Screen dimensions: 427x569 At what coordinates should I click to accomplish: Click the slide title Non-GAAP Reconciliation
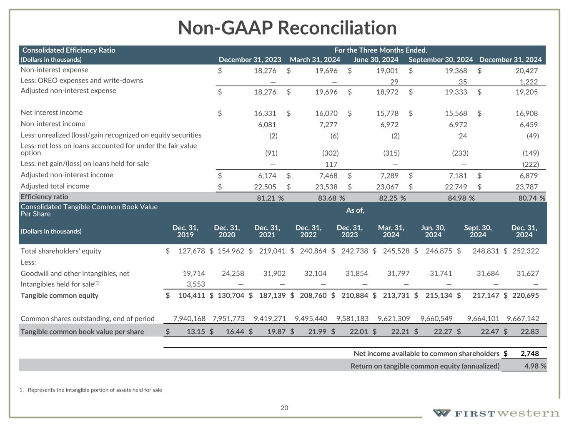click(x=287, y=28)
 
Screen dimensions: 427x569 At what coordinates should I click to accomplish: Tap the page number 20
click(x=284, y=408)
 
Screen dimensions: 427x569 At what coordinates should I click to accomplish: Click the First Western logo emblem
click(x=441, y=413)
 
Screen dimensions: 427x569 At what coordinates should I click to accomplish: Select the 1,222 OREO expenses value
click(x=526, y=82)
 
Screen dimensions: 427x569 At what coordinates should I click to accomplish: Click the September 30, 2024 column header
click(x=441, y=60)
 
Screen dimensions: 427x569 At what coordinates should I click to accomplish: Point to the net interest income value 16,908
click(x=526, y=113)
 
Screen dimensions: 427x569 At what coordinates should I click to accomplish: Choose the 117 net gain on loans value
click(x=331, y=164)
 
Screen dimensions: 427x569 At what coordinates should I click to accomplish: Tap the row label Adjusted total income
click(x=55, y=186)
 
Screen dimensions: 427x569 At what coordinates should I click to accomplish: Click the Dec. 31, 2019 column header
click(x=185, y=231)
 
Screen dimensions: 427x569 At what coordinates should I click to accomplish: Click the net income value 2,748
click(x=529, y=354)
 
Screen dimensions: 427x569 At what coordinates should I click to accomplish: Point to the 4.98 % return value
click(x=532, y=366)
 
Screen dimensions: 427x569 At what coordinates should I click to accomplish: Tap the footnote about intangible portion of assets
click(x=91, y=390)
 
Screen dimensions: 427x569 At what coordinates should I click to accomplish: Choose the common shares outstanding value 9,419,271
click(x=270, y=319)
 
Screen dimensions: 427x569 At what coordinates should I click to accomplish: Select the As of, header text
click(x=355, y=210)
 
